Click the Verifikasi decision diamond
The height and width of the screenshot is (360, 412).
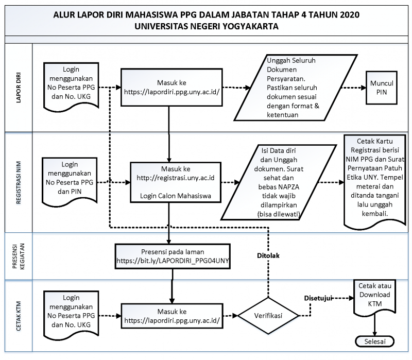coord(268,316)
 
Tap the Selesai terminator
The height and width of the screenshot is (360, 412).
coord(375,341)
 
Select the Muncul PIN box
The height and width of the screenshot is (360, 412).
coord(382,88)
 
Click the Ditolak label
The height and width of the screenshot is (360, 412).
coord(268,255)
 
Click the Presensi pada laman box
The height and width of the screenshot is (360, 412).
coord(173,256)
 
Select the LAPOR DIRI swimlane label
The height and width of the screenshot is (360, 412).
coord(19,88)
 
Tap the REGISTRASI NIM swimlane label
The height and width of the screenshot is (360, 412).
coord(19,183)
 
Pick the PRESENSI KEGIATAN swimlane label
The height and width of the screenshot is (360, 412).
coord(19,256)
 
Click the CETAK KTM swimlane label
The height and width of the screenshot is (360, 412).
coord(19,316)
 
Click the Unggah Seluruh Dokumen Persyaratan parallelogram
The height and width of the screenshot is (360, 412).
coord(296,88)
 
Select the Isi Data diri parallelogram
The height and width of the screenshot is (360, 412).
coord(279,182)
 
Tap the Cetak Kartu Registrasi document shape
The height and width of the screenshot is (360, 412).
coord(375,181)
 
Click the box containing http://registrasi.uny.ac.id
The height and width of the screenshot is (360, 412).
coord(176,182)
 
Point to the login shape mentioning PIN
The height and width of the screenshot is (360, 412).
coord(70,181)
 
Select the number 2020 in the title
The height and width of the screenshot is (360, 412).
coord(350,15)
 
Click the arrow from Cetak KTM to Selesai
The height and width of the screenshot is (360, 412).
coord(375,325)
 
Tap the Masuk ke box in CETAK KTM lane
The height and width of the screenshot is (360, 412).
coord(172,316)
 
